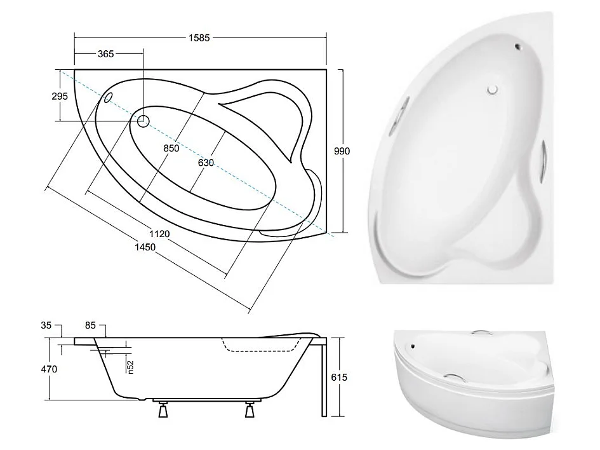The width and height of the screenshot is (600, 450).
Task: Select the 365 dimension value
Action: [x=105, y=55]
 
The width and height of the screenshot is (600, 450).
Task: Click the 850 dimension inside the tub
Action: [x=170, y=148]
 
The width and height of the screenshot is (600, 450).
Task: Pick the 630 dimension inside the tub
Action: [x=205, y=163]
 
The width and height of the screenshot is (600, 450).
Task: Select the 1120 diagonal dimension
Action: [x=160, y=234]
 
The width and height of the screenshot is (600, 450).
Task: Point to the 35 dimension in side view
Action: [x=46, y=325]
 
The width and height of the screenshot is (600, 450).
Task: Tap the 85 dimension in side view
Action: [x=90, y=325]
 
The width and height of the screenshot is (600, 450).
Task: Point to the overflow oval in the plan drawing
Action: [x=107, y=97]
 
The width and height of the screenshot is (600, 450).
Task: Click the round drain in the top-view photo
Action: [x=493, y=90]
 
